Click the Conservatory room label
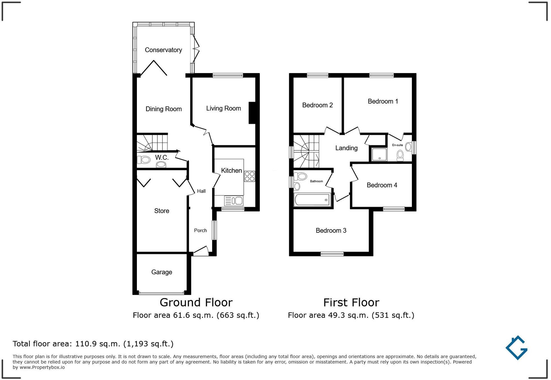(x=163, y=50)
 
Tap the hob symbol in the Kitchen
(x=250, y=176)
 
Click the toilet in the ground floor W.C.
(x=144, y=160)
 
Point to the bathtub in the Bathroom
(x=312, y=200)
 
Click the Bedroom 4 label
(x=382, y=185)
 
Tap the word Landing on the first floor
(x=346, y=148)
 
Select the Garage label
(x=162, y=272)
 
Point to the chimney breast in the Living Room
(x=252, y=113)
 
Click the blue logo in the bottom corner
(x=517, y=348)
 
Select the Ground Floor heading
(x=196, y=303)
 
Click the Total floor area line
(x=93, y=344)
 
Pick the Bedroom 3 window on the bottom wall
(x=332, y=254)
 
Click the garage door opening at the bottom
(x=162, y=293)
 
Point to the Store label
(x=162, y=211)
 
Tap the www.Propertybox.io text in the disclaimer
(x=42, y=367)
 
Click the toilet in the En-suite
(x=400, y=155)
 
